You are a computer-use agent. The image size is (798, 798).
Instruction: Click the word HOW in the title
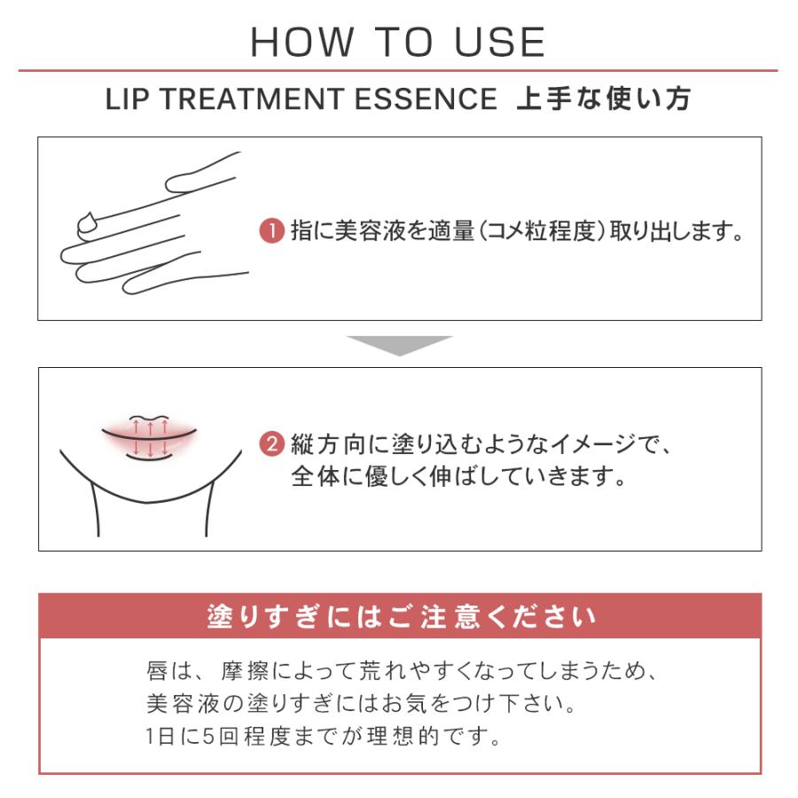pos(301,42)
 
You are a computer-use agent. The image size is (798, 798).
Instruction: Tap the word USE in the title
pos(500,42)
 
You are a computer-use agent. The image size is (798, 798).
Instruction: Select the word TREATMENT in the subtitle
pos(253,98)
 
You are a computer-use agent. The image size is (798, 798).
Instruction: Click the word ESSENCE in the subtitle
pos(426,98)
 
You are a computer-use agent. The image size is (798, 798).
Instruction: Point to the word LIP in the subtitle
pos(127,98)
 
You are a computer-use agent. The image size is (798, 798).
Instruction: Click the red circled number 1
pos(272,231)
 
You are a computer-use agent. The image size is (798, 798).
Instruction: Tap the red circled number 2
pos(272,444)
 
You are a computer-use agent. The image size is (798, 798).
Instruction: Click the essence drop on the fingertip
pos(90,224)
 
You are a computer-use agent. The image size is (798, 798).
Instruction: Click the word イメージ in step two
pos(593,444)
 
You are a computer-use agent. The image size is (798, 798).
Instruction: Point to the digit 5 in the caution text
pos(208,736)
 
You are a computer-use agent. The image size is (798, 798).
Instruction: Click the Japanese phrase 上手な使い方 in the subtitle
pos(604,98)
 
